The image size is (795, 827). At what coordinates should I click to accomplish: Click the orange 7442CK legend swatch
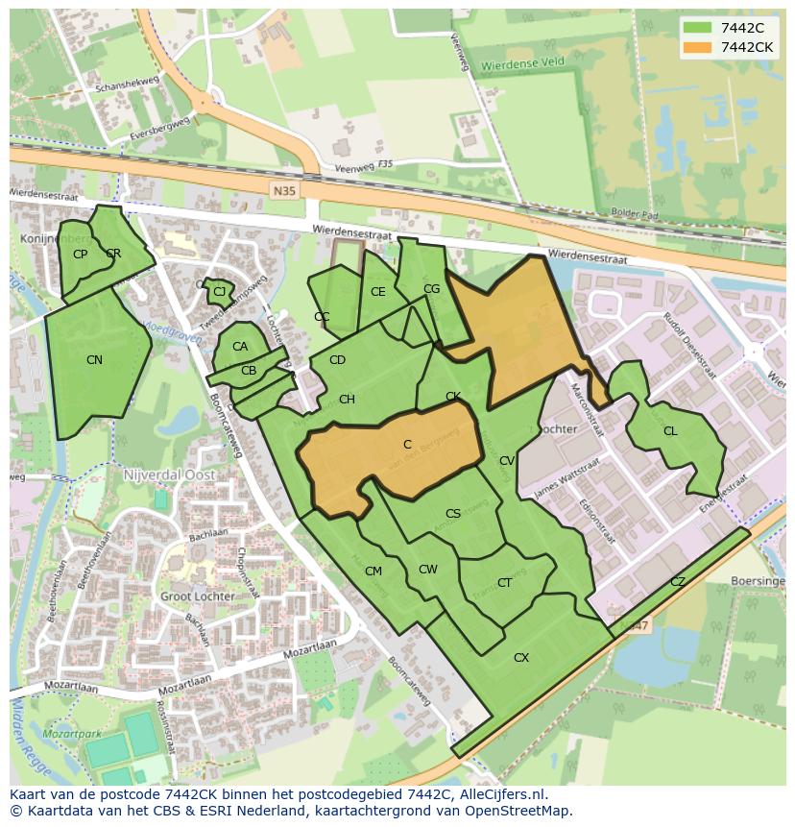pyautogui.click(x=698, y=47)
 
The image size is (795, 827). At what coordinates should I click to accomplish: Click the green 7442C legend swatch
pyautogui.click(x=698, y=28)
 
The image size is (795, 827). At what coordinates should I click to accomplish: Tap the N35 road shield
pyautogui.click(x=284, y=191)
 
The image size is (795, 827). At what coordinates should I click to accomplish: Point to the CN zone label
pyautogui.click(x=94, y=360)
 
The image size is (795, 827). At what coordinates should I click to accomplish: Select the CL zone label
pyautogui.click(x=670, y=431)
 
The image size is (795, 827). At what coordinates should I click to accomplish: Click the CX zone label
pyautogui.click(x=521, y=658)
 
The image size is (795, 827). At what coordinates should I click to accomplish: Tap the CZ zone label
pyautogui.click(x=678, y=582)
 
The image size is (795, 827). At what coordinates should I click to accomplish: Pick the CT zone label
pyautogui.click(x=504, y=583)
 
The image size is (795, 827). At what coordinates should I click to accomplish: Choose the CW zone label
pyautogui.click(x=427, y=570)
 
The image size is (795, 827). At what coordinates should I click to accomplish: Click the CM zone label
pyautogui.click(x=373, y=572)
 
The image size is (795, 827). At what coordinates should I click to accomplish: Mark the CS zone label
pyautogui.click(x=453, y=514)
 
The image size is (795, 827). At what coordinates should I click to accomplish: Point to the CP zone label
pyautogui.click(x=80, y=255)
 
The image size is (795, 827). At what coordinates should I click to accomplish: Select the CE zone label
pyautogui.click(x=377, y=292)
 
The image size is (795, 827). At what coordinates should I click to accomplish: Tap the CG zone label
pyautogui.click(x=431, y=289)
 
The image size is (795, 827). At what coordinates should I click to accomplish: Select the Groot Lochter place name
pyautogui.click(x=197, y=596)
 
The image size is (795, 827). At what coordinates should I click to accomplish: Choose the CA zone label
pyautogui.click(x=240, y=347)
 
